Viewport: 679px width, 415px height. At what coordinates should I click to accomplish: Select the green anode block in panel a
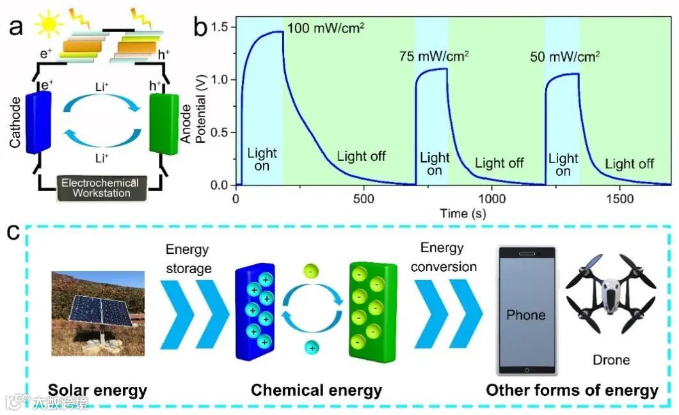click(x=163, y=123)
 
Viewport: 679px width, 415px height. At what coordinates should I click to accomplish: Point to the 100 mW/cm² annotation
click(x=326, y=29)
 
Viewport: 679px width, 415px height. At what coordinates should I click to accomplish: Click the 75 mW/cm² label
click(x=434, y=56)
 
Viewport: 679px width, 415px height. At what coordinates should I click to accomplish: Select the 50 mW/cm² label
click(x=565, y=56)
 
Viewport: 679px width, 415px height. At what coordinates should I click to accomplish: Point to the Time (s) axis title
click(x=462, y=214)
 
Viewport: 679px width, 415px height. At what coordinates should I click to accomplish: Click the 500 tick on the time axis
click(x=363, y=200)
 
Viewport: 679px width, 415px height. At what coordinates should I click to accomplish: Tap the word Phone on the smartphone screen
click(x=525, y=315)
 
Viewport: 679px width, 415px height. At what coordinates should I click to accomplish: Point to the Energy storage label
click(x=188, y=259)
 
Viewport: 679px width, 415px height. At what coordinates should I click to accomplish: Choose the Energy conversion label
click(x=443, y=257)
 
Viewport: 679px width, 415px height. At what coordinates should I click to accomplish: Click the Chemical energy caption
click(x=316, y=390)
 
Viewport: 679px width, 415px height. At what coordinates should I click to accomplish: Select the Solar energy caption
click(x=98, y=390)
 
